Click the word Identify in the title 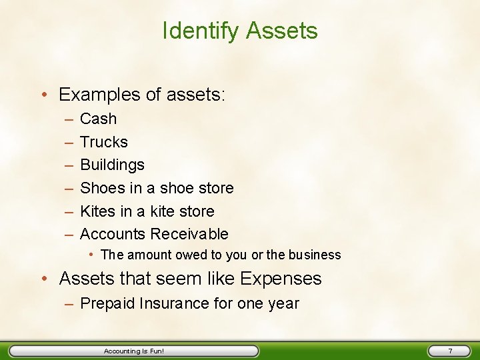tap(201, 31)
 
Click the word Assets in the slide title tap(282, 31)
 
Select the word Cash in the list tap(98, 119)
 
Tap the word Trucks tap(103, 142)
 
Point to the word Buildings tap(112, 165)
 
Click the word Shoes tap(99, 188)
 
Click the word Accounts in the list tap(113, 234)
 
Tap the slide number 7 tap(450, 351)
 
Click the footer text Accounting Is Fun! tap(134, 351)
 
